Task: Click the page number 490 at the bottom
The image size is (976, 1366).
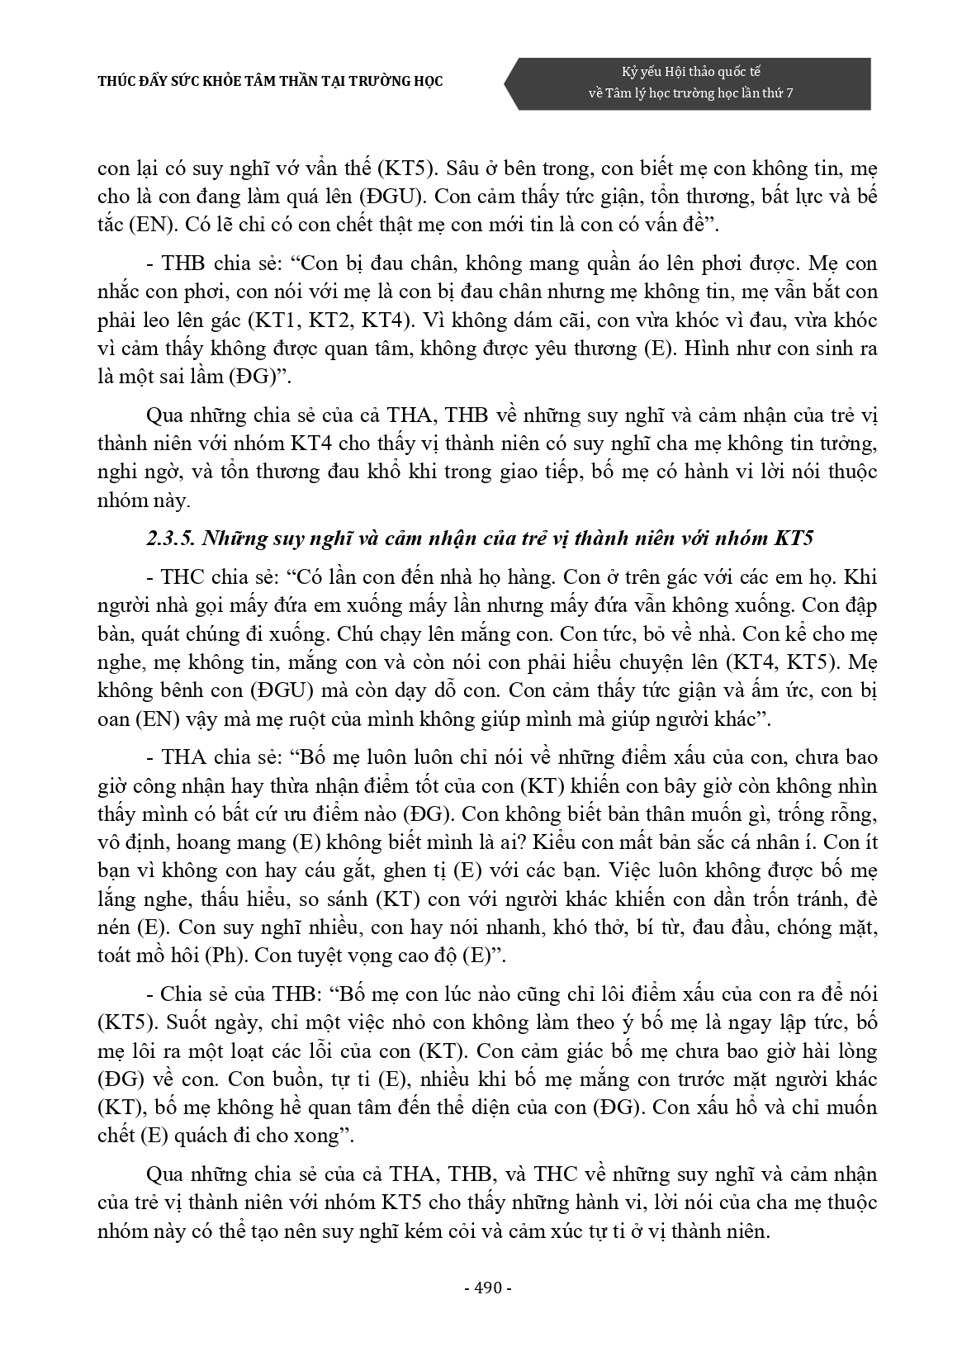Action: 489,1289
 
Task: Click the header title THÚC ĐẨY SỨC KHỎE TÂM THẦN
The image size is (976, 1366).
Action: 271,81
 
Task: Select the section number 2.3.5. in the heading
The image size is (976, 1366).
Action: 170,538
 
